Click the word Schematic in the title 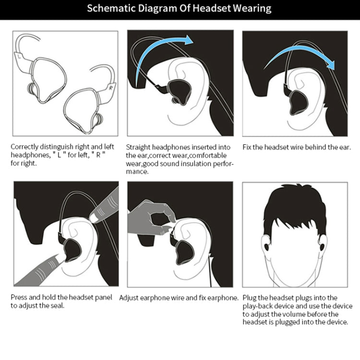click(x=110, y=9)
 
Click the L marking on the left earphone click(x=19, y=56)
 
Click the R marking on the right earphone click(x=110, y=88)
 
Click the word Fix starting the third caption click(x=248, y=147)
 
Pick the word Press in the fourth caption click(x=19, y=298)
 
